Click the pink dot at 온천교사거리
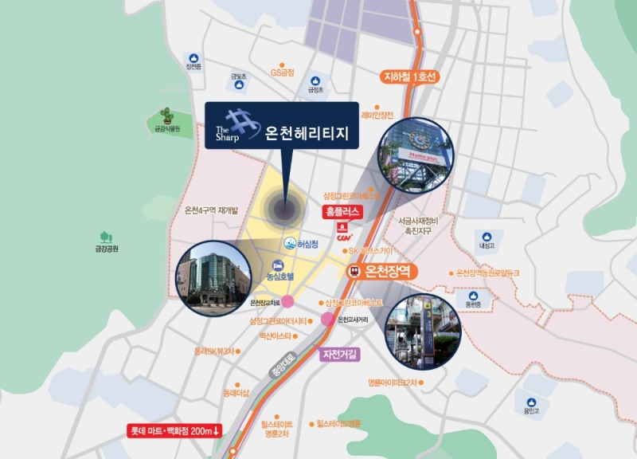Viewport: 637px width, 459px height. (x=327, y=320)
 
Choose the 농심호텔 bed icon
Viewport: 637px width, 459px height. (x=278, y=265)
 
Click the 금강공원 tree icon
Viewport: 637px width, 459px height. (x=105, y=237)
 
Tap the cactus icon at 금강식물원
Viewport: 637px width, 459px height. (x=166, y=113)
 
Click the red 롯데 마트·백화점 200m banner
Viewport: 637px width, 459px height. (x=175, y=431)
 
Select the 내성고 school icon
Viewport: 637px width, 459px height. (x=487, y=237)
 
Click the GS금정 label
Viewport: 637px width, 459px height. (x=282, y=73)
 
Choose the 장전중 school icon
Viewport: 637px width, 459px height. (x=193, y=57)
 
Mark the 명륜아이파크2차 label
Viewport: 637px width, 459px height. (x=392, y=383)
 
